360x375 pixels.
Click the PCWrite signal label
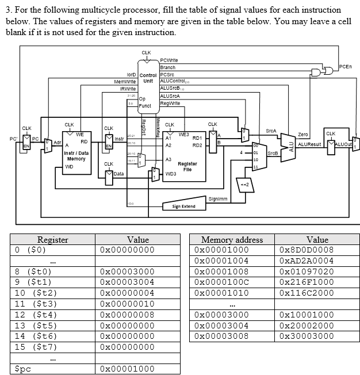pos(168,60)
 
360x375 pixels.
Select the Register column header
pos(52,239)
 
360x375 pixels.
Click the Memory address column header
pos(232,239)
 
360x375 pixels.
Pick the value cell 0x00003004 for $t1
pos(127,282)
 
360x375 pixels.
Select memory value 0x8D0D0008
pos(306,250)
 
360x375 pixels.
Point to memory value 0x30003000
pos(306,336)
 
